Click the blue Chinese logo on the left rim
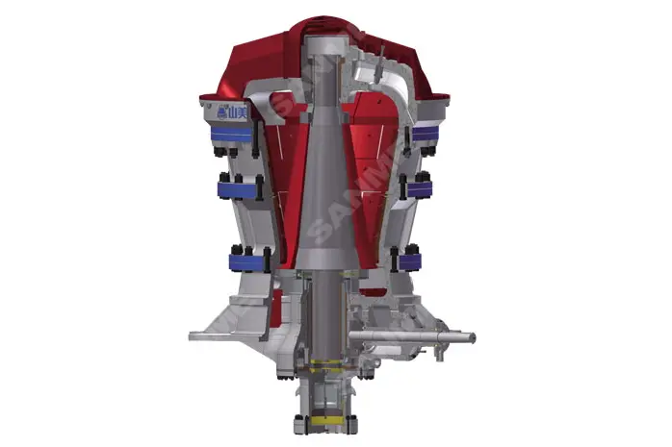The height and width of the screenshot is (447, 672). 229,113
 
